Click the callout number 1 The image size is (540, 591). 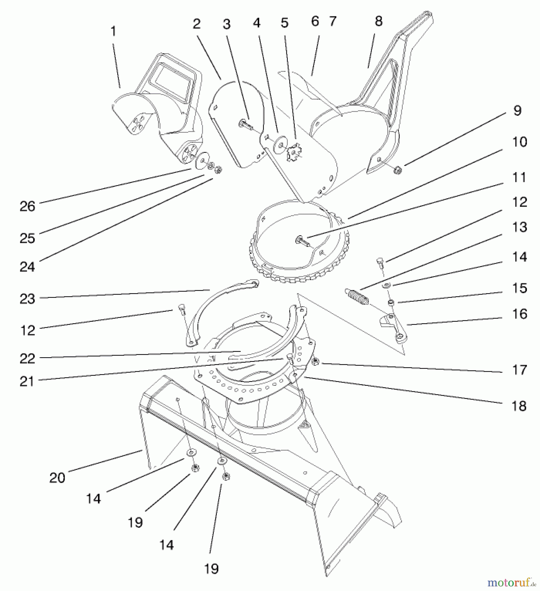click(113, 32)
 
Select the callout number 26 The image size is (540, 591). click(27, 207)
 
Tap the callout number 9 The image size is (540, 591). click(517, 111)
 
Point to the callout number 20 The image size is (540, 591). click(57, 478)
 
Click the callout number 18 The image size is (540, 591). click(519, 406)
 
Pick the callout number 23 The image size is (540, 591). click(27, 299)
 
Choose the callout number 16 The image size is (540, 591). click(520, 314)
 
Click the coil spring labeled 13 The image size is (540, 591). click(357, 296)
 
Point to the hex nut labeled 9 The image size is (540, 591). click(398, 170)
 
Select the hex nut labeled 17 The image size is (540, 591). click(315, 362)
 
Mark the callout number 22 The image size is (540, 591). click(27, 359)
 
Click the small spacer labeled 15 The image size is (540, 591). click(391, 302)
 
